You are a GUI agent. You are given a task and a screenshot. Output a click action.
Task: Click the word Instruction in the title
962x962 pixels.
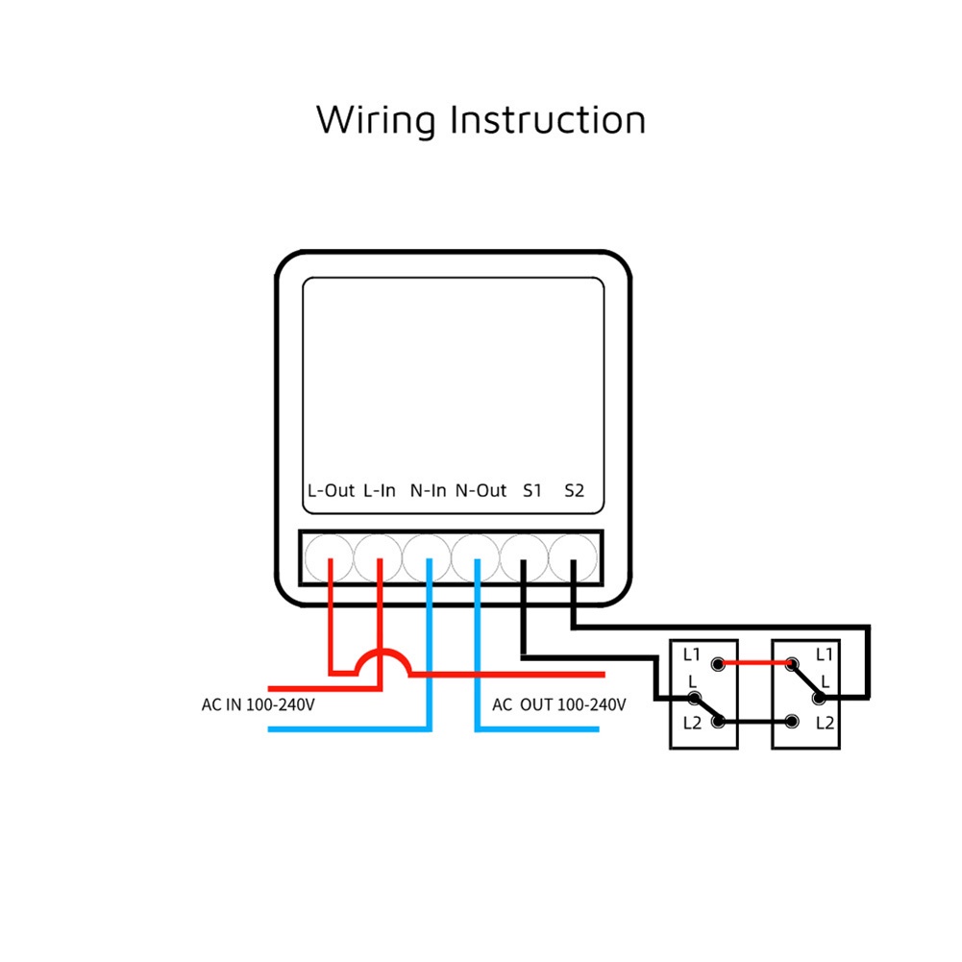(x=548, y=120)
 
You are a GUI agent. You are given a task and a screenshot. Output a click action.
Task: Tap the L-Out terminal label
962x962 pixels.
(x=331, y=490)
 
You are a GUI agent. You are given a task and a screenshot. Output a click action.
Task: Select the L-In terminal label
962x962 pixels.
(x=380, y=490)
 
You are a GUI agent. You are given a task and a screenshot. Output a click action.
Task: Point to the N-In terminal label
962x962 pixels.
(x=429, y=490)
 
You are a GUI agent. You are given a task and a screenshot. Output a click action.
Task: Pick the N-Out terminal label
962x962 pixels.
(x=481, y=490)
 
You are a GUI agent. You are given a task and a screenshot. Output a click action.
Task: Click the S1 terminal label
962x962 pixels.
(x=532, y=490)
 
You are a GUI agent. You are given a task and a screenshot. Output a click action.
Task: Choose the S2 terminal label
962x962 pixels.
(x=574, y=490)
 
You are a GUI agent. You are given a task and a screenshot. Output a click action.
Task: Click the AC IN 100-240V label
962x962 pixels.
(x=259, y=704)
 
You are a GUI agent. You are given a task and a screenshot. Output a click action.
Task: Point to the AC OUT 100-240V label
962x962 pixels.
(x=559, y=704)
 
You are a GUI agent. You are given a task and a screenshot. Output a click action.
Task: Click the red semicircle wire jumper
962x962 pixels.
(x=381, y=655)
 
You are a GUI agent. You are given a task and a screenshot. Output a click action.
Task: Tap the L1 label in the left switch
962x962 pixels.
(x=692, y=654)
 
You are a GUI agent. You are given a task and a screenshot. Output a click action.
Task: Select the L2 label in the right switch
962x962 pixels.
(x=825, y=722)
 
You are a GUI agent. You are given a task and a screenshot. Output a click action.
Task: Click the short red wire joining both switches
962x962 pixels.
(x=754, y=663)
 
